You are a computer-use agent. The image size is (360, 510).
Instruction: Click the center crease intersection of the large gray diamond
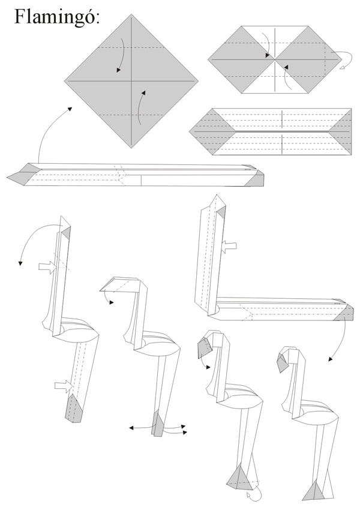[x=131, y=80]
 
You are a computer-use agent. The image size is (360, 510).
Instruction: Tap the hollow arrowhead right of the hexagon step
[x=342, y=68]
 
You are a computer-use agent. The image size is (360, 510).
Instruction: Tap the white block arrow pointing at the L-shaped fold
[x=229, y=247]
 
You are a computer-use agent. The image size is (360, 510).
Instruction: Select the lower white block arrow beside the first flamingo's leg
[x=64, y=386]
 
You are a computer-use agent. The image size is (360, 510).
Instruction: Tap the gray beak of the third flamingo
[x=204, y=347]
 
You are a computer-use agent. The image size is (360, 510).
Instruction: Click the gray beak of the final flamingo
[x=283, y=362]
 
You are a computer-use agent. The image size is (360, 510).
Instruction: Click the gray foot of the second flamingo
[x=157, y=424]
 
